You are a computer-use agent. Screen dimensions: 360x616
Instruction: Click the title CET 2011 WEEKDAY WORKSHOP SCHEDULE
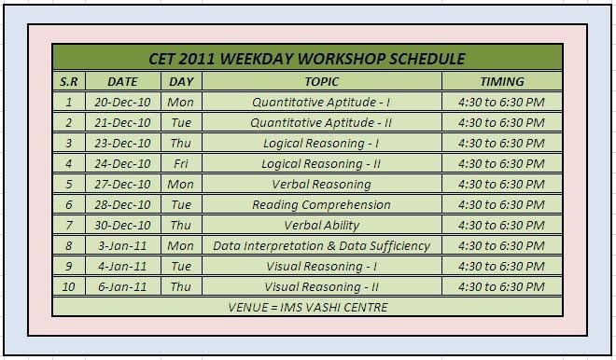307,59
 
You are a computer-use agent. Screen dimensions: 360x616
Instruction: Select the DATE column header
122,81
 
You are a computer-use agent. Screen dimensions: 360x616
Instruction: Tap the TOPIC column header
321,81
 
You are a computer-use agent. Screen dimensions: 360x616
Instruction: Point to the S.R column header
68,81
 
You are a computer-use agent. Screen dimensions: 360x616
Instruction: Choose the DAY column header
180,81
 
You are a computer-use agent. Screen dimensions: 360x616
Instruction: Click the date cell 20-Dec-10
122,102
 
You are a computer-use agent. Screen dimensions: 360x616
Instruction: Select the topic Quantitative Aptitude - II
321,122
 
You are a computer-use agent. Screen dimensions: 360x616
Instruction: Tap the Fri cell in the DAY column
180,163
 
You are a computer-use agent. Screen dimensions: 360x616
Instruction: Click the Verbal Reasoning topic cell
321,184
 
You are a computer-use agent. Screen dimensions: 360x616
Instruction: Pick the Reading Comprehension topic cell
321,204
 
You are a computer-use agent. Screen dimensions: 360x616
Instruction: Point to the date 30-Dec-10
122,225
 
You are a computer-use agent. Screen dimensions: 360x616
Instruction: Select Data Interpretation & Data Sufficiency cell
321,245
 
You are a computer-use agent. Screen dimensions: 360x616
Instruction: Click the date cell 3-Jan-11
122,245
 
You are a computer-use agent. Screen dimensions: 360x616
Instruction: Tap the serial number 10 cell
68,286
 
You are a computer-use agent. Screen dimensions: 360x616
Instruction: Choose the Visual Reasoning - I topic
321,266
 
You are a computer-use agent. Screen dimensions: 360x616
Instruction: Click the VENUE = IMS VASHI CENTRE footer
307,307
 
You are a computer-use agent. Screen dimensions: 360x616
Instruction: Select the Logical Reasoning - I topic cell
321,143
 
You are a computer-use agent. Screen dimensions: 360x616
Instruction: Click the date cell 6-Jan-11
122,286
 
